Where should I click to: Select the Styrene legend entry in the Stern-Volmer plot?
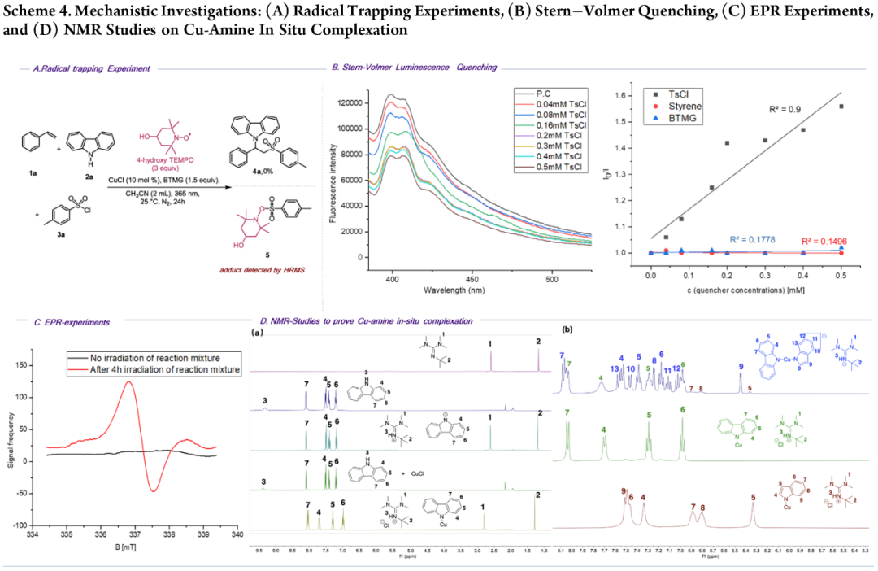click(x=681, y=106)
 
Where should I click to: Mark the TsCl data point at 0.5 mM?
click(x=841, y=107)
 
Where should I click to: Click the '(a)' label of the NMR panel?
click(x=258, y=333)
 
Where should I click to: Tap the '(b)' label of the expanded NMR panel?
click(x=567, y=331)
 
